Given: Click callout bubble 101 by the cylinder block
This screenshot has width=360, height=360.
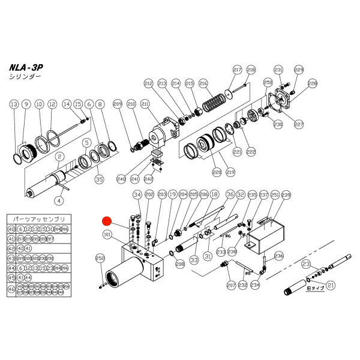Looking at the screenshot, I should [107, 235].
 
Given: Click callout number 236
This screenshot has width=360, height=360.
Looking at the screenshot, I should [278, 256].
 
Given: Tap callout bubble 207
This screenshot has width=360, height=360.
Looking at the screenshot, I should [231, 286].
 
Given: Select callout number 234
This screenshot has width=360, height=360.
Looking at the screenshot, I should [255, 286].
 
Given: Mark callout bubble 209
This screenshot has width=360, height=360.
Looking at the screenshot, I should [117, 103].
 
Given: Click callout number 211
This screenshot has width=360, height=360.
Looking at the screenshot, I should [145, 104].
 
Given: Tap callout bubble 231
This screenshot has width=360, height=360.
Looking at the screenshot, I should [278, 69].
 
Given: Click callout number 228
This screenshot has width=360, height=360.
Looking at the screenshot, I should [312, 83].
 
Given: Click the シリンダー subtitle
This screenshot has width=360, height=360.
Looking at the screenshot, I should [25, 78].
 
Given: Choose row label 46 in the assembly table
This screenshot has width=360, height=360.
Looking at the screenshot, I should [11, 289].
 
